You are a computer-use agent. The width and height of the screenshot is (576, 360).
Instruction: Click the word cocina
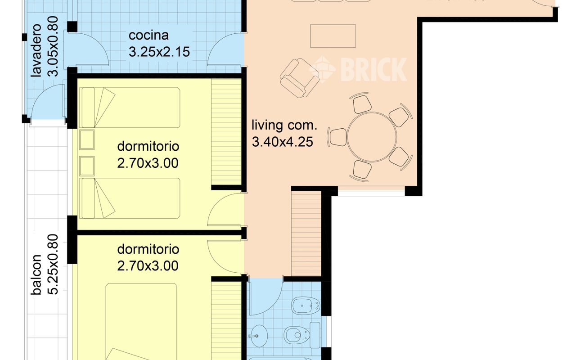tap(148, 36)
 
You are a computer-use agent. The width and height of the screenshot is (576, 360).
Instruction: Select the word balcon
tap(37, 275)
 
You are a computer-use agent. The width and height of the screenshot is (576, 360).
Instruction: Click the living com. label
tap(284, 125)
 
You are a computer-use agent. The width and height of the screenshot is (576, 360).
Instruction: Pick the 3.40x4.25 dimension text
tap(282, 142)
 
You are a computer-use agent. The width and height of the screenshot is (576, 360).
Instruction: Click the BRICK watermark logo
tap(358, 69)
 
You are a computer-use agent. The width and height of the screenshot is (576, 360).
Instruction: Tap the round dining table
tap(372, 136)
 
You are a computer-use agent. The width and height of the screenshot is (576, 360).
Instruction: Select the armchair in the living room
tap(298, 77)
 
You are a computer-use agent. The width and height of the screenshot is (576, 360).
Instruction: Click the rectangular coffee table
tap(333, 36)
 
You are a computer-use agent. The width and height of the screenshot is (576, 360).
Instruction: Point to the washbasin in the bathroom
tap(257, 335)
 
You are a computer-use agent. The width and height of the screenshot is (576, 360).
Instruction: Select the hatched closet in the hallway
tap(306, 233)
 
